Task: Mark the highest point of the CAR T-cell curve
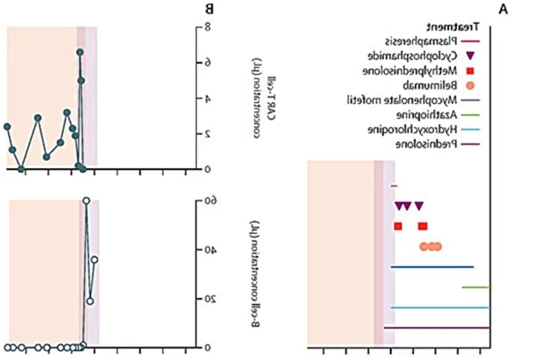point(80,52)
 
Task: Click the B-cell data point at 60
point(87,201)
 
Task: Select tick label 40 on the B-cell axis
point(201,250)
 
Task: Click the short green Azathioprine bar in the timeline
point(475,287)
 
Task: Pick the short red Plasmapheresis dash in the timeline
point(394,185)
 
